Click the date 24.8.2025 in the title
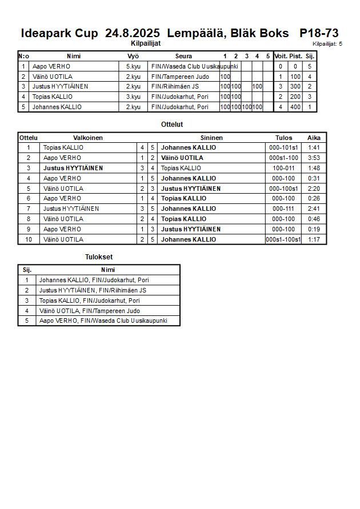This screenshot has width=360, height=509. click(x=133, y=33)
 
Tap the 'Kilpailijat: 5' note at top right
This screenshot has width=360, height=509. click(x=327, y=43)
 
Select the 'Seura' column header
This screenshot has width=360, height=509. click(x=184, y=56)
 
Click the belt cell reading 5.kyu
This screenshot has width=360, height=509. click(x=133, y=66)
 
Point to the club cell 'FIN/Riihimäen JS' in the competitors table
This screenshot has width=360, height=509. click(x=175, y=87)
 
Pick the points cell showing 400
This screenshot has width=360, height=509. click(x=295, y=107)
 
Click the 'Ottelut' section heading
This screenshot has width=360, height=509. click(x=172, y=125)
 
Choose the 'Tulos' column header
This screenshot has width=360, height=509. click(x=283, y=138)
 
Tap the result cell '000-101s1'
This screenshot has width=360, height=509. click(x=283, y=147)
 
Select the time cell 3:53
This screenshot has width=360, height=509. click(x=314, y=158)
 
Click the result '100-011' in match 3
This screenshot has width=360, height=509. click(x=283, y=168)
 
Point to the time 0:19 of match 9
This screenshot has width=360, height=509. click(x=314, y=229)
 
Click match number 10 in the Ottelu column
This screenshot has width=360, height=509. click(x=29, y=239)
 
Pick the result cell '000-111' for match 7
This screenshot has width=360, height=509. click(x=283, y=209)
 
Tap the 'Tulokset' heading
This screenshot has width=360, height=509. click(x=99, y=258)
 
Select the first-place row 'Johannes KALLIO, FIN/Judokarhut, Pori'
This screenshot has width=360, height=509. click(x=94, y=280)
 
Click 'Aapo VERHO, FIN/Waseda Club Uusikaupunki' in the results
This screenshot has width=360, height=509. click(x=103, y=321)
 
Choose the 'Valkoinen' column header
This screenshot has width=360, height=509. click(x=88, y=138)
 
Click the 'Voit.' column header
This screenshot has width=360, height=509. click(x=281, y=56)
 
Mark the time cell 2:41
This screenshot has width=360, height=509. click(x=314, y=209)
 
